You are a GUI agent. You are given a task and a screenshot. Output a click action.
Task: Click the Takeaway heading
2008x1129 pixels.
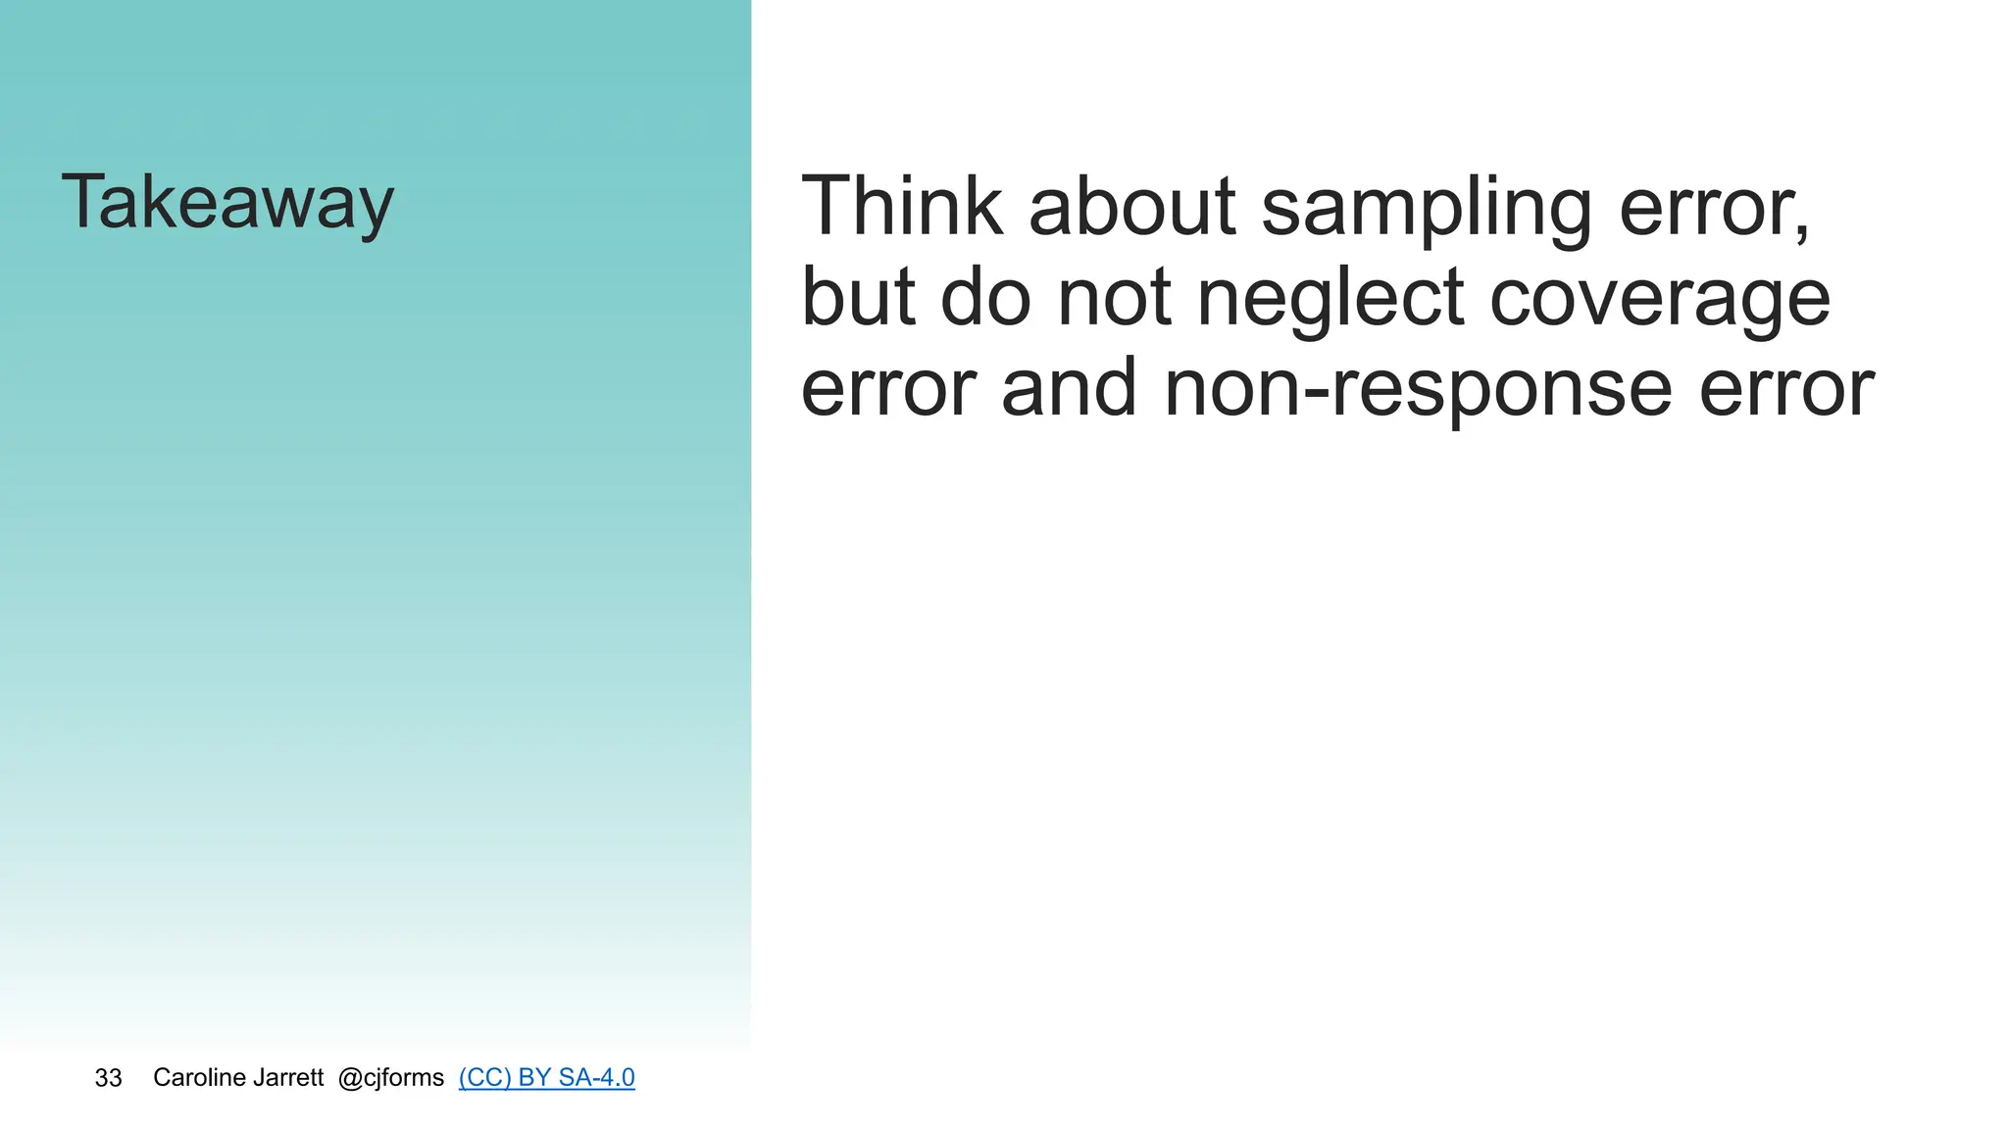point(227,202)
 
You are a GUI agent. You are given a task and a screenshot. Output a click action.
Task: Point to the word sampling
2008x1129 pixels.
point(1426,208)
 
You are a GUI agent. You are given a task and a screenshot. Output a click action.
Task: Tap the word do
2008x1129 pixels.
point(985,297)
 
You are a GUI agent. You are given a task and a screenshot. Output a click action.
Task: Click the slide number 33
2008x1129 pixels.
point(108,1078)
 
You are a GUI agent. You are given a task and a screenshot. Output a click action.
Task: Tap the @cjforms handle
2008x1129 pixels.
point(390,1078)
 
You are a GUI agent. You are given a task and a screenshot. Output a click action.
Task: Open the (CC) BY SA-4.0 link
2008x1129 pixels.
point(546,1078)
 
